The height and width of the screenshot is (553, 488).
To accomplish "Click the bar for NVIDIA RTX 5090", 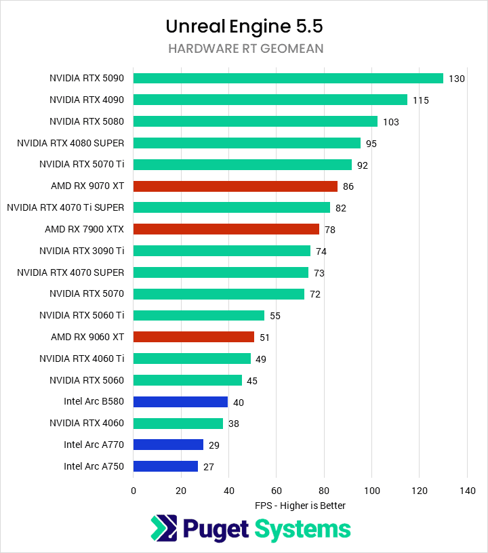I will click(288, 78).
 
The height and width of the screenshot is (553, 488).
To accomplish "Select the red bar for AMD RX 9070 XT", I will click(235, 186).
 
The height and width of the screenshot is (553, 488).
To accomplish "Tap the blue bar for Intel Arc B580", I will click(180, 402).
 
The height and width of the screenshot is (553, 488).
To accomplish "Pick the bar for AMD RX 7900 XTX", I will click(226, 229).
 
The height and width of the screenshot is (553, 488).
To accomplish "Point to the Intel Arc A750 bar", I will click(165, 466).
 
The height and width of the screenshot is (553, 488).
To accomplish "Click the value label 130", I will click(456, 79).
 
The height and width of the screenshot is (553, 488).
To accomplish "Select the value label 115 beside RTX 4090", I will click(421, 100).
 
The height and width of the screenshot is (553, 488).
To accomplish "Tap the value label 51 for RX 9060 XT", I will click(264, 337).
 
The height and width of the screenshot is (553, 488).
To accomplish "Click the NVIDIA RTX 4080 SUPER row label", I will click(71, 143).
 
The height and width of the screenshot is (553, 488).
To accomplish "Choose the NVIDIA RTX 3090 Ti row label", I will click(82, 251).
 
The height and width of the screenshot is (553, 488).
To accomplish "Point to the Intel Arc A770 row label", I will click(94, 445).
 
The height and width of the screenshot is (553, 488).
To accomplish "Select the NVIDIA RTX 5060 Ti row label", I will click(82, 315).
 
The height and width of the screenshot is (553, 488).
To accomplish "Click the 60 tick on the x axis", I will click(277, 490).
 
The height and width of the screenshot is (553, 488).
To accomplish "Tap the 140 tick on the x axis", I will click(467, 490).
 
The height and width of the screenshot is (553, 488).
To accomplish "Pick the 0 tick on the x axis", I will click(134, 490).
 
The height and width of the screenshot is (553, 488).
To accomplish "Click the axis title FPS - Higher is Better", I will click(300, 506).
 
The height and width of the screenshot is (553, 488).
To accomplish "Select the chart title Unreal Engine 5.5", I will click(244, 26).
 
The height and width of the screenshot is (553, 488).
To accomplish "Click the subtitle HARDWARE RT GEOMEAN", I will click(244, 48).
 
